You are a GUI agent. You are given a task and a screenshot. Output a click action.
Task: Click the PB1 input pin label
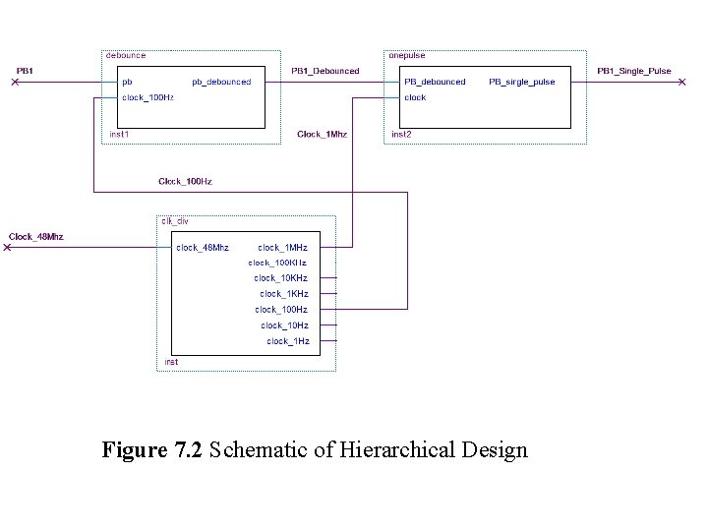(25, 71)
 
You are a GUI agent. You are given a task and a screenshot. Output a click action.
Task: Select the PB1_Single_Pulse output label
(634, 71)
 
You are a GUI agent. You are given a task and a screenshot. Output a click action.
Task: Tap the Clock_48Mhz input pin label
(36, 236)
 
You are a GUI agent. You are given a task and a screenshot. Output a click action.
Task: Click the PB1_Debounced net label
(325, 71)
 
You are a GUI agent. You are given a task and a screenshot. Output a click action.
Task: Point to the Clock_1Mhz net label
(322, 134)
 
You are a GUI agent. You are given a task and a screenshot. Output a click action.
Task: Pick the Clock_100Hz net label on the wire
(185, 181)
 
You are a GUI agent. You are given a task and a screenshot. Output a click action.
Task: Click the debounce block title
(126, 56)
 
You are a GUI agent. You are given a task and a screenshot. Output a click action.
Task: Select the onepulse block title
(407, 56)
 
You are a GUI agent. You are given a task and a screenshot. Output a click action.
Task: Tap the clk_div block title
(175, 221)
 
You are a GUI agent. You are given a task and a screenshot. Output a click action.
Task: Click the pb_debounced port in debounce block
(221, 82)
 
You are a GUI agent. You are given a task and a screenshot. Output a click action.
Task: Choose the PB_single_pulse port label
(521, 82)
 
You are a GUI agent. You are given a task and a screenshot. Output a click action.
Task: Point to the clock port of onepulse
(415, 97)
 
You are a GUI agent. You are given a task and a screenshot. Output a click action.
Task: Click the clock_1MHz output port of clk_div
(282, 248)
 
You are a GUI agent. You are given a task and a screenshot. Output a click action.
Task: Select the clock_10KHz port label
(281, 278)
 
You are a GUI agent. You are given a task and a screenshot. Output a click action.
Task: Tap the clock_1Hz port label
(288, 341)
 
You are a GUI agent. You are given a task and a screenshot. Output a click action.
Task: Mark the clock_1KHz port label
(284, 294)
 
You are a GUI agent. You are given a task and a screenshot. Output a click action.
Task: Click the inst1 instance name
(119, 134)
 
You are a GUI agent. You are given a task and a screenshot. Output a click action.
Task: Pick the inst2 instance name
(401, 134)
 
